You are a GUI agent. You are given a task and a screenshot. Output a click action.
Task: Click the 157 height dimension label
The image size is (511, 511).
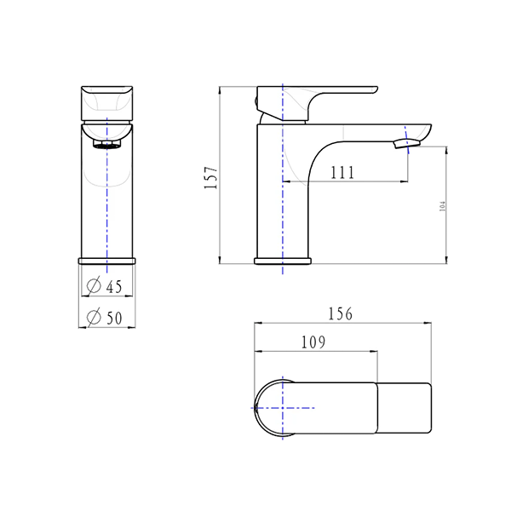(213, 177)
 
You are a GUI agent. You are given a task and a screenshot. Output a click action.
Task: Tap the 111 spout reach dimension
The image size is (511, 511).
(342, 173)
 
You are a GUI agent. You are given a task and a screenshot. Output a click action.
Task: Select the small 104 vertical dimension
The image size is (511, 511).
(442, 205)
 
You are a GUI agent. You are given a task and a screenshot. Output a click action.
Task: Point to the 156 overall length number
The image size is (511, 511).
(340, 313)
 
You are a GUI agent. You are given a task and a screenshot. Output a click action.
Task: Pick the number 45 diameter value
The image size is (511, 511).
(115, 285)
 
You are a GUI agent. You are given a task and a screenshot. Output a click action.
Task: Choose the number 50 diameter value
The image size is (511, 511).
(115, 318)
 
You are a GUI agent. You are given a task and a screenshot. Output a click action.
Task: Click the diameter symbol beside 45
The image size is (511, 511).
(95, 285)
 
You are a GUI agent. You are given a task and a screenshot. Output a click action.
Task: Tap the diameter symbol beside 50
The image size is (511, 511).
(95, 318)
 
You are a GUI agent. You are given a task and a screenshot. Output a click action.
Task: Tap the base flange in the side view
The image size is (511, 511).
(282, 260)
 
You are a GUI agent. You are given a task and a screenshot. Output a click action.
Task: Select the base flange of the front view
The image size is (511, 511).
(107, 259)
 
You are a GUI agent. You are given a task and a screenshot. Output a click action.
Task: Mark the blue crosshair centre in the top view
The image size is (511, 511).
(282, 409)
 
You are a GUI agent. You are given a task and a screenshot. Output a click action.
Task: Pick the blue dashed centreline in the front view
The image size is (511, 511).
(108, 204)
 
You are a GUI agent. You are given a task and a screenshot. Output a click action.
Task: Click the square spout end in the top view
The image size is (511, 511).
(405, 409)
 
